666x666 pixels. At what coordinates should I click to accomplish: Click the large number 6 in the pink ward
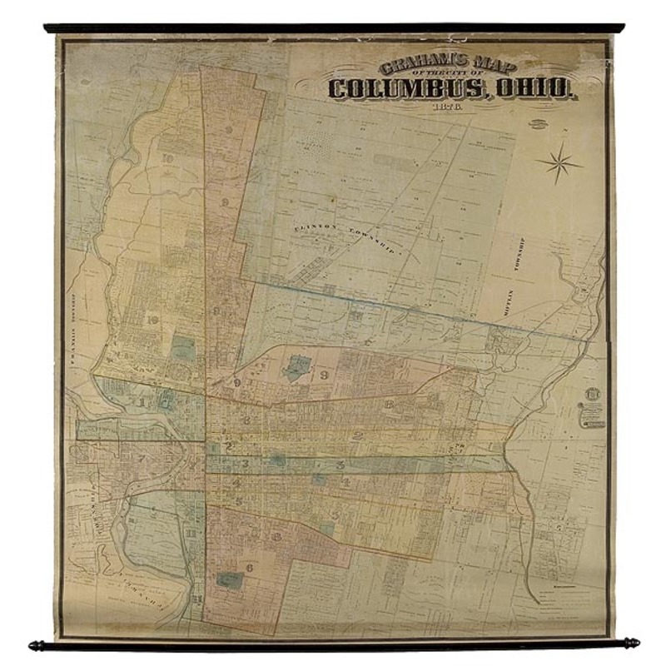248,568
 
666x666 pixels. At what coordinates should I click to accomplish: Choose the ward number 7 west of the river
142,459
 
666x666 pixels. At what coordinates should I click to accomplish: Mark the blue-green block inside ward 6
225,579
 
